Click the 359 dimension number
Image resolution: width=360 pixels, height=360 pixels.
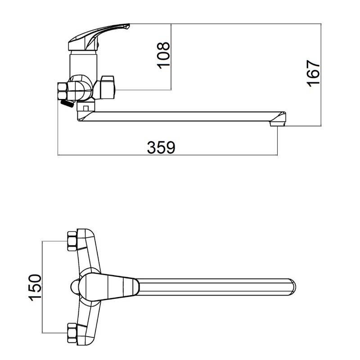161,147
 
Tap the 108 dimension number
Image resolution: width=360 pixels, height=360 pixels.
163,55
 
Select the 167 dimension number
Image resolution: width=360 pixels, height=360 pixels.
313,73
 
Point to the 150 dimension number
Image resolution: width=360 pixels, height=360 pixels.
35,287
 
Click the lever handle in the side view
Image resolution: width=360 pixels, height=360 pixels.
99,37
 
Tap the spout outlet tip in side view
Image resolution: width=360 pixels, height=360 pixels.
278,124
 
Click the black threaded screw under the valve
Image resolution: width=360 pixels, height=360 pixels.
67,104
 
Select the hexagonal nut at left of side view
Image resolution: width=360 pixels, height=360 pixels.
63,91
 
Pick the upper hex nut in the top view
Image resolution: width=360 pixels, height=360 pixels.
72,241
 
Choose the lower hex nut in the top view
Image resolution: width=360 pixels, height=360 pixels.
72,333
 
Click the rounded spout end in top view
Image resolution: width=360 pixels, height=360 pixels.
292,287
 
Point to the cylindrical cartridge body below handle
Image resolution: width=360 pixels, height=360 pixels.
84,65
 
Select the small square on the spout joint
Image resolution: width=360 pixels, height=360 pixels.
86,108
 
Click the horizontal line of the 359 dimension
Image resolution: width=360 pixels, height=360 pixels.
167,155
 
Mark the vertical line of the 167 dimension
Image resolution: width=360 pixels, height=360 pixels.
321,75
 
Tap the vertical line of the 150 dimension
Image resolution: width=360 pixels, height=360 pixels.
42,287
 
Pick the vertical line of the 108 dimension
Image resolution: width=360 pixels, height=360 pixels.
171,57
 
